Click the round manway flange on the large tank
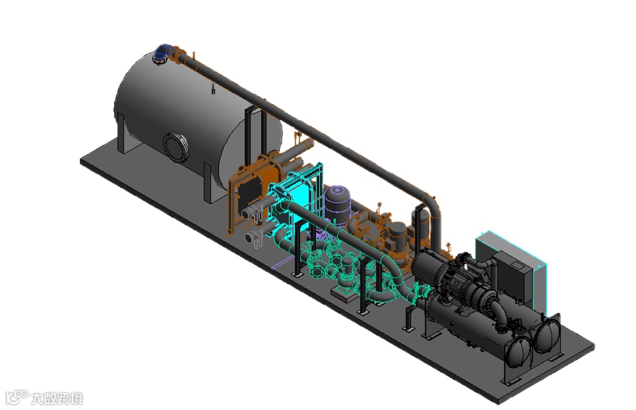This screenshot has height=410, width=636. [x=176, y=147]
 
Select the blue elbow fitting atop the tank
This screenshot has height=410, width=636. [x=163, y=51]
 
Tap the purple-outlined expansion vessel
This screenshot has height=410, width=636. [x=337, y=205]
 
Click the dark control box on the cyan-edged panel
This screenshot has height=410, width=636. [x=512, y=276]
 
